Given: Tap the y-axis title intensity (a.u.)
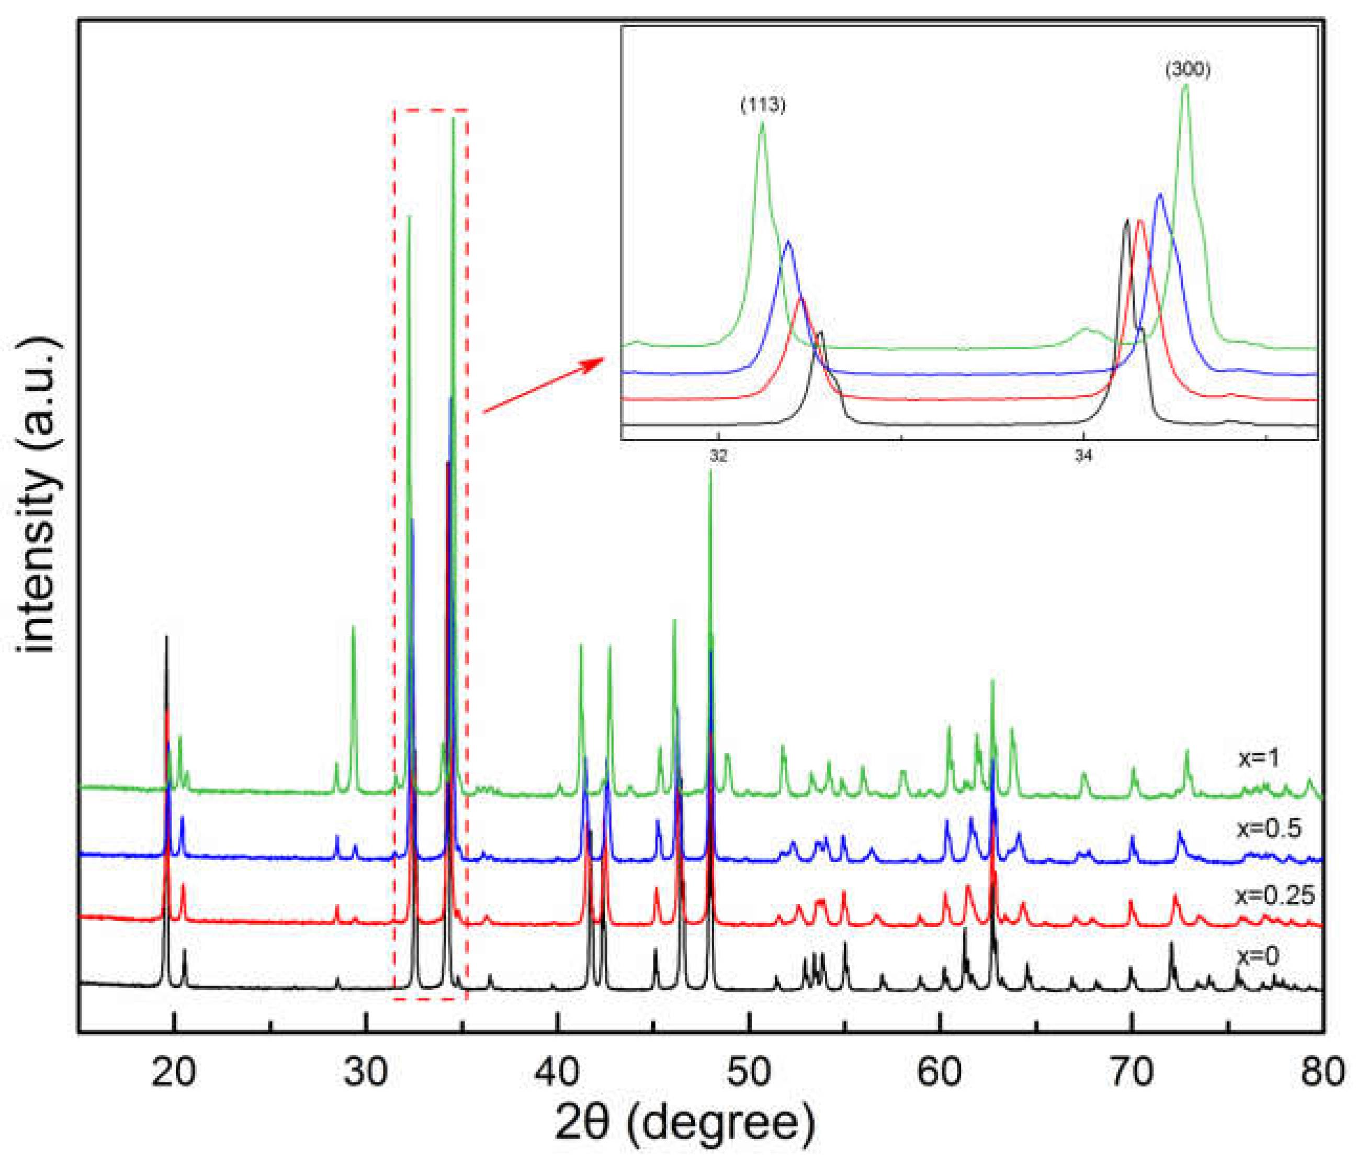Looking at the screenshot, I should coord(41,496).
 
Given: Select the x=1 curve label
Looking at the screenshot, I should coord(1259,758).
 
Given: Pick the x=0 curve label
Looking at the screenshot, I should coord(1258,957).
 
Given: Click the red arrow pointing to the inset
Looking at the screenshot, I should coord(543,386).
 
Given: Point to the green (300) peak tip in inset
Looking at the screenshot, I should coord(1185,85).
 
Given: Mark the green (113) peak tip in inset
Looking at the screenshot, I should coord(762,123).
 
